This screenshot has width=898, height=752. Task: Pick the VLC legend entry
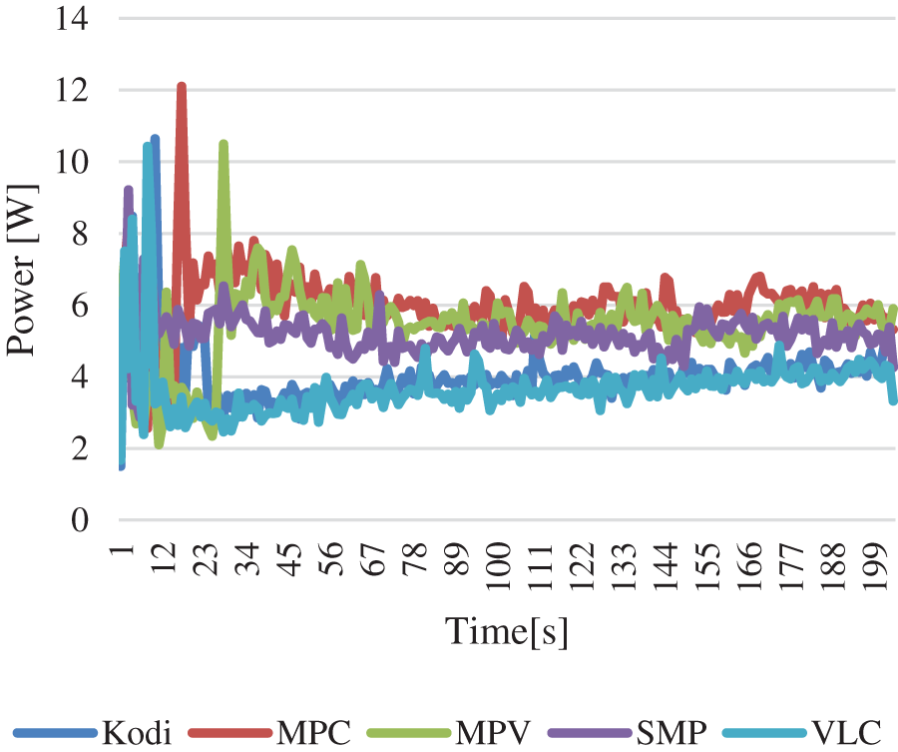coord(846,733)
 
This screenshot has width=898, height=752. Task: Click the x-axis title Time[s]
coord(507,631)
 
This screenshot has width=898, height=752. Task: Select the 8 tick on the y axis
coord(80,234)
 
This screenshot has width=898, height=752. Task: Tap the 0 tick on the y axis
coord(80,520)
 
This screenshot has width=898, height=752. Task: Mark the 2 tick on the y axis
coord(80,449)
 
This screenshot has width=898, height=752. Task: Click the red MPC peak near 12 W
coord(182,87)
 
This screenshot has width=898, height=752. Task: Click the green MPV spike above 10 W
coord(224,144)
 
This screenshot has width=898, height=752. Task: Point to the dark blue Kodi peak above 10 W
coord(156,139)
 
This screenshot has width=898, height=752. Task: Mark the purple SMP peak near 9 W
coord(128,189)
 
